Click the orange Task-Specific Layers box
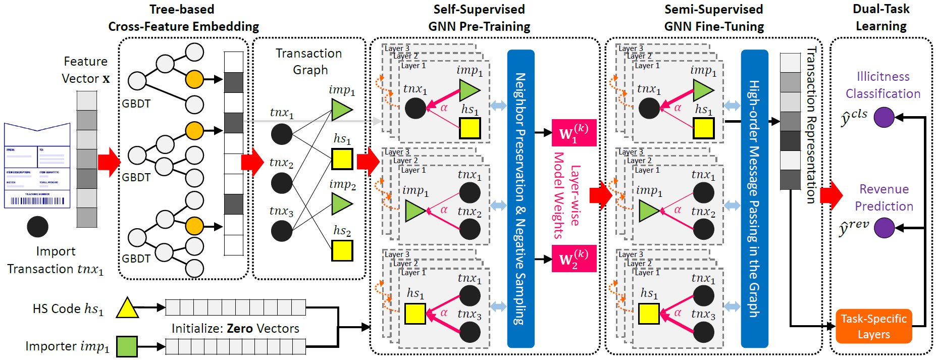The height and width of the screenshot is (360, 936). (x=873, y=326)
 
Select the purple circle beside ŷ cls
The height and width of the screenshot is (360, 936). (x=884, y=117)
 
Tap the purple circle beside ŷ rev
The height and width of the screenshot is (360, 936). (x=884, y=228)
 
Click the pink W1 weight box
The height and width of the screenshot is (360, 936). (x=574, y=133)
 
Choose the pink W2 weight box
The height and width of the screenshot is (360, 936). (x=574, y=259)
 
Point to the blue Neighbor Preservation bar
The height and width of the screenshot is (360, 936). (x=521, y=198)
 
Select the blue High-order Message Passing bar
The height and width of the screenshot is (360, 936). (x=754, y=198)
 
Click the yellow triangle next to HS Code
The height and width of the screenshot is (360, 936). (x=127, y=308)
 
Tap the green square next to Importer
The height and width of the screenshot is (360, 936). (x=127, y=346)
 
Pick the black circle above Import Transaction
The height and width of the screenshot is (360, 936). (x=37, y=227)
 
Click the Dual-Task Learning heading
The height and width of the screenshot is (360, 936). (x=881, y=17)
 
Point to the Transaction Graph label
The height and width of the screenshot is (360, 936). (x=309, y=62)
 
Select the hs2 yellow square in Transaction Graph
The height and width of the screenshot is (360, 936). (x=342, y=250)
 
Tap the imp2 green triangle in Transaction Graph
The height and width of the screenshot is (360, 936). (x=341, y=204)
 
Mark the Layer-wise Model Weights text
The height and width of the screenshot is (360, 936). (x=566, y=195)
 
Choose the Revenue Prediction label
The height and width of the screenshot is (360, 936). (x=884, y=197)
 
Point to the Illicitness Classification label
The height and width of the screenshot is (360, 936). (x=883, y=85)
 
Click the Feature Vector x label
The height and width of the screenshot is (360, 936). (x=85, y=70)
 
